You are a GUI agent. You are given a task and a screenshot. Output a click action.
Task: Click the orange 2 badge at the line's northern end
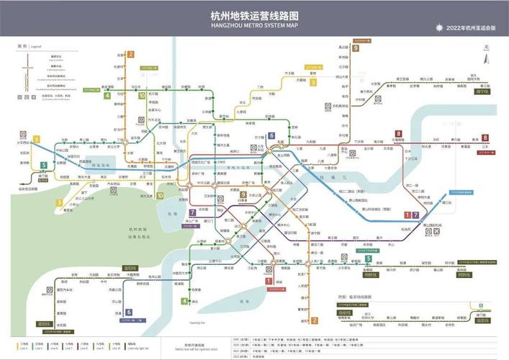pos(130,54)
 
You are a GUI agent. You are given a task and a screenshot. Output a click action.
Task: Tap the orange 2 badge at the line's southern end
pos(314,320)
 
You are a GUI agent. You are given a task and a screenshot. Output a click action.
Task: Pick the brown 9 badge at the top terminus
pos(356,48)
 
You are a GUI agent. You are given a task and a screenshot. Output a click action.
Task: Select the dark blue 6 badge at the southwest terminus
pos(128,312)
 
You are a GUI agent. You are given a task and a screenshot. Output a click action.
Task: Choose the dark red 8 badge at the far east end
pos(485,138)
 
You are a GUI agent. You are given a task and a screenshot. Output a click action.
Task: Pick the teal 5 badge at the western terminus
pos(43,165)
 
